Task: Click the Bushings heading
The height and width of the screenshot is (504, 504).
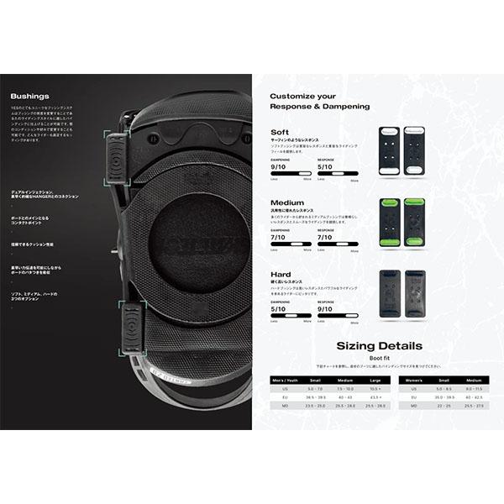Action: click(x=30, y=97)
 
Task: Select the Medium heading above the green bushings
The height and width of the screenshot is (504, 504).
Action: click(x=287, y=203)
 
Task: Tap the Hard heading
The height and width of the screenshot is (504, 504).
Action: click(x=281, y=275)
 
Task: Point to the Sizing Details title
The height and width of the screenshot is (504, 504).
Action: click(x=379, y=346)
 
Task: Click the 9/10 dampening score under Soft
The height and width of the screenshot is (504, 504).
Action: click(x=278, y=166)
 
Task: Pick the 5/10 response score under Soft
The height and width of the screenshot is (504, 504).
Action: click(x=325, y=166)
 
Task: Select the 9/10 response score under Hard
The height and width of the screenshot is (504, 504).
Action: click(x=325, y=308)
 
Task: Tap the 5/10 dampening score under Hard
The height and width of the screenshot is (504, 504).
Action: click(x=278, y=308)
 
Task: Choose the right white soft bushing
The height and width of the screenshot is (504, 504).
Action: click(x=414, y=150)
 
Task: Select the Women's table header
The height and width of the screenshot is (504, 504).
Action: click(x=412, y=380)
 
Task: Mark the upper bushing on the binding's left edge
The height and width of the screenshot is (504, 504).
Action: click(x=116, y=157)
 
